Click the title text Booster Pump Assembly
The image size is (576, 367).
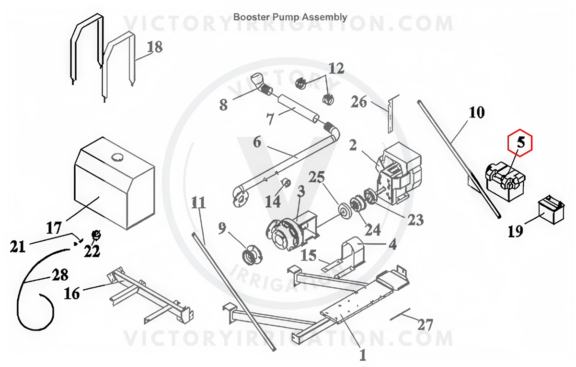pyautogui.click(x=290, y=17)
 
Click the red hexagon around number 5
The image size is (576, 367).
pyautogui.click(x=520, y=142)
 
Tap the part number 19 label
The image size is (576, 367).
pyautogui.click(x=516, y=232)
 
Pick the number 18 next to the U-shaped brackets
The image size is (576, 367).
pyautogui.click(x=154, y=47)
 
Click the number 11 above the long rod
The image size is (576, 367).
pyautogui.click(x=198, y=203)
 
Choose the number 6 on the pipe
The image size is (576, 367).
pyautogui.click(x=257, y=142)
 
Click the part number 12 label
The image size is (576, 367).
pyautogui.click(x=336, y=68)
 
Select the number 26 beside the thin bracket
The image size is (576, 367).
pyautogui.click(x=359, y=102)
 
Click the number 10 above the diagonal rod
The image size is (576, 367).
pyautogui.click(x=476, y=113)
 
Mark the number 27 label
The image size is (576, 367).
pyautogui.click(x=425, y=325)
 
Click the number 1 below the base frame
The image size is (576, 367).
pyautogui.click(x=362, y=355)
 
